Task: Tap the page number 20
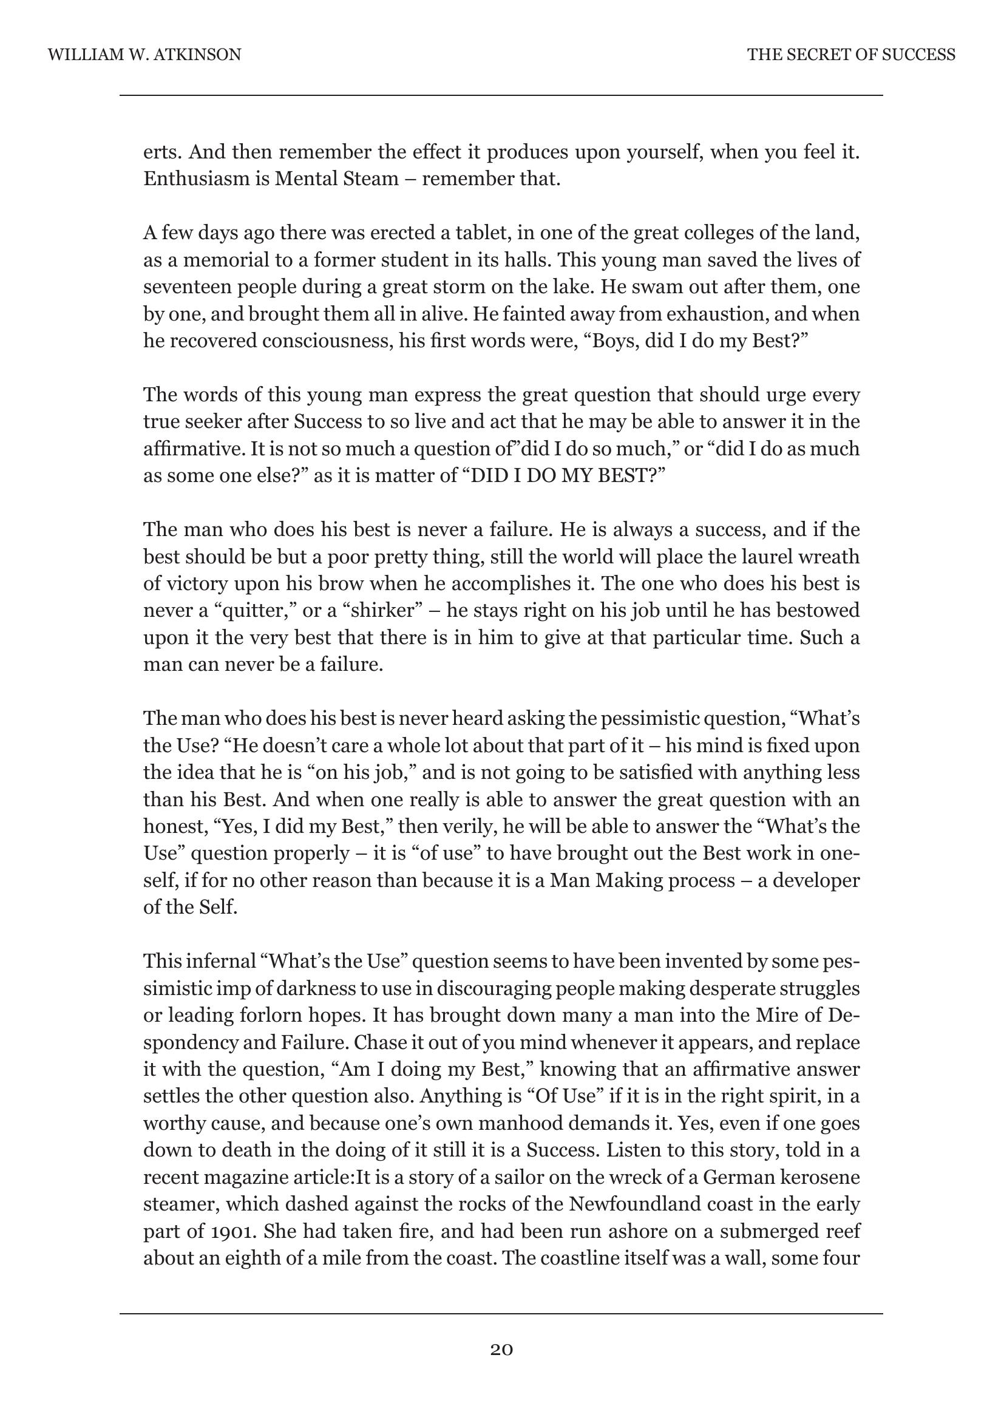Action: point(501,1349)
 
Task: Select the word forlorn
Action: point(269,1015)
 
